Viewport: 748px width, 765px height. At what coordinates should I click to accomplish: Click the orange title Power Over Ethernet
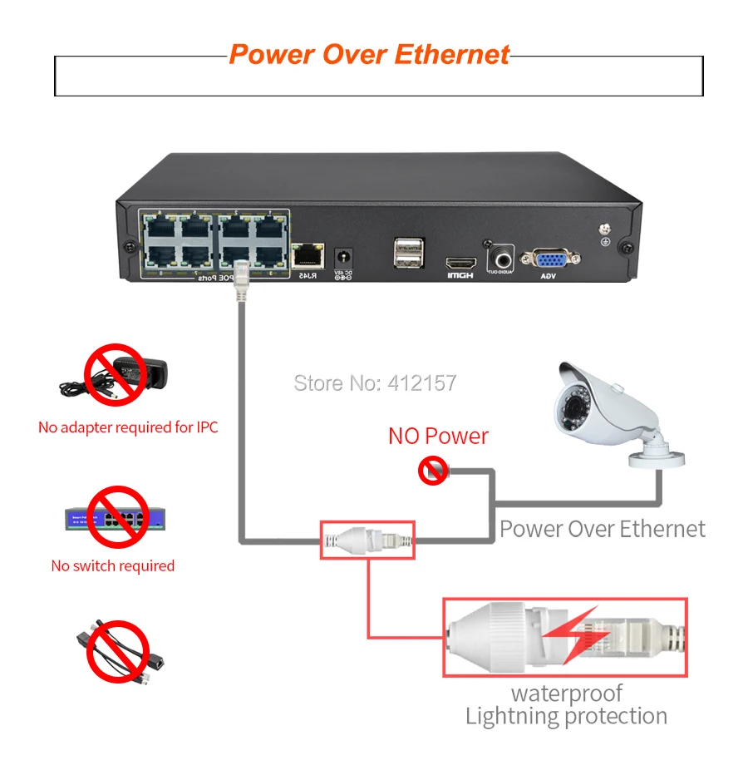369,55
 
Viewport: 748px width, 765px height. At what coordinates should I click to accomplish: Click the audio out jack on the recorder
501,254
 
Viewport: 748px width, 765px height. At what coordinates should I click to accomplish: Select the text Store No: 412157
376,383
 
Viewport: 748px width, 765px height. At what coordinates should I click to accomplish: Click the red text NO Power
438,436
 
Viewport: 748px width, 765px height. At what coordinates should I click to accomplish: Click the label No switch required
112,566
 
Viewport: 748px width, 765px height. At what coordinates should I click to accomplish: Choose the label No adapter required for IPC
128,427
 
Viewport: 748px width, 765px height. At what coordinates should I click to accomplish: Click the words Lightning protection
566,716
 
